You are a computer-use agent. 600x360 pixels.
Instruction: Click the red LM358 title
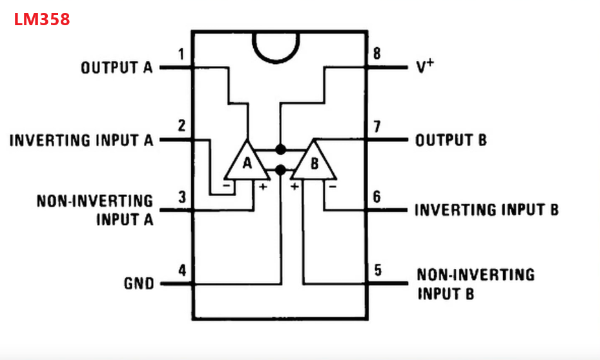[42, 19]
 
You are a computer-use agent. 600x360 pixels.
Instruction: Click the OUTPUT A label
[117, 67]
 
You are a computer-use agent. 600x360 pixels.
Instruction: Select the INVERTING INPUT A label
[81, 140]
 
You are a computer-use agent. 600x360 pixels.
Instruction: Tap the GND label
[139, 283]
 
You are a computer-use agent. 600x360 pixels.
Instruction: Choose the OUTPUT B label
[450, 140]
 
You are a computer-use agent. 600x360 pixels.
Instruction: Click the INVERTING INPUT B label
[486, 210]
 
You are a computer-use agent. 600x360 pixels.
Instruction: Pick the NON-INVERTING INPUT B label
[475, 284]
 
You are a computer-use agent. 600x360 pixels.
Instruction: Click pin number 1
[181, 54]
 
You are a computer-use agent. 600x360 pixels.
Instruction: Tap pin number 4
[182, 270]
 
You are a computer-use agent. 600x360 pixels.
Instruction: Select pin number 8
[377, 54]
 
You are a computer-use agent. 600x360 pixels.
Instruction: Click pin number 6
[377, 197]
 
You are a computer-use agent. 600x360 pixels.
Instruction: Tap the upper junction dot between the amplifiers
[280, 150]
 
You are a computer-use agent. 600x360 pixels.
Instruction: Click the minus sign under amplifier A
[227, 186]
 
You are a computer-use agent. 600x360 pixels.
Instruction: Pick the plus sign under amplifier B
[295, 186]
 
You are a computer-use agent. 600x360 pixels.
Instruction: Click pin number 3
[182, 197]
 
